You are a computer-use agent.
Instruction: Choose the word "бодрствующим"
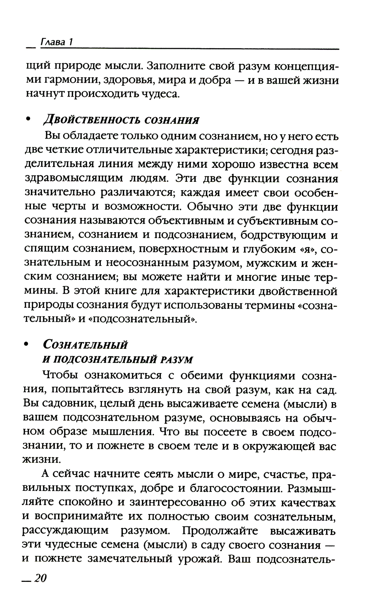283,235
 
